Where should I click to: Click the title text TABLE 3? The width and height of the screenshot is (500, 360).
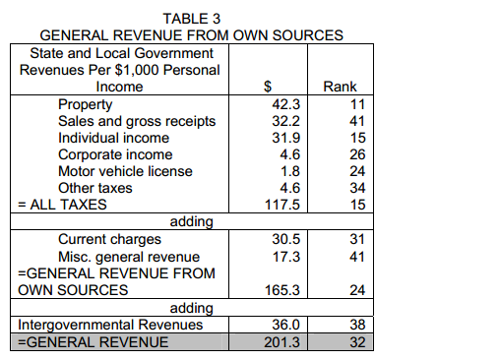pos(192,19)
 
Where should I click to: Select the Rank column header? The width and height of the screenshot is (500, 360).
pos(340,87)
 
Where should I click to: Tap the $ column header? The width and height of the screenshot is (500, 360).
pos(268,87)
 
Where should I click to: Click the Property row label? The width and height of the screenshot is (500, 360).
pos(86,105)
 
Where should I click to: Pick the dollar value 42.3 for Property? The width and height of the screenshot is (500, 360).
pos(285,104)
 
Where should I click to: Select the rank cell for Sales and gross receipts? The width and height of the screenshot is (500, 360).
pos(357,121)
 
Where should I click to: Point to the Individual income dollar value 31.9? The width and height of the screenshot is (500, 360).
pos(285,138)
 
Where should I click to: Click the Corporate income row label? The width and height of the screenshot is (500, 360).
pos(115,155)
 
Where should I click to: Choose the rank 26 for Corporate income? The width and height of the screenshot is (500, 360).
pos(357,154)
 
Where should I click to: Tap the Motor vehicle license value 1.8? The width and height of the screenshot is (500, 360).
pos(289,171)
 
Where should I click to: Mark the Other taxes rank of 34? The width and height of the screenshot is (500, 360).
pos(357,188)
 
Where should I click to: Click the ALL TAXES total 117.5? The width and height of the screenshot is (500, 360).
pos(282,205)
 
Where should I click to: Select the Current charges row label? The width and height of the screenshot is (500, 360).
pos(109,240)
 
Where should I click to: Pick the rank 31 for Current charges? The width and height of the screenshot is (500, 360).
pos(357,239)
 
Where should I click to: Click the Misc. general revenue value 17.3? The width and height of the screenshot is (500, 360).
pos(286,257)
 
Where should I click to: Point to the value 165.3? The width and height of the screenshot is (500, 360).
pos(282,290)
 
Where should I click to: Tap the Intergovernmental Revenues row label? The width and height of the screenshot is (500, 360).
pos(110,326)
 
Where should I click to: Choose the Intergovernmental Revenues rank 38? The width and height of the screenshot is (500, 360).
pos(357,325)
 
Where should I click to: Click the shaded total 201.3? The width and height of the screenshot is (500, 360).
pos(282,342)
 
